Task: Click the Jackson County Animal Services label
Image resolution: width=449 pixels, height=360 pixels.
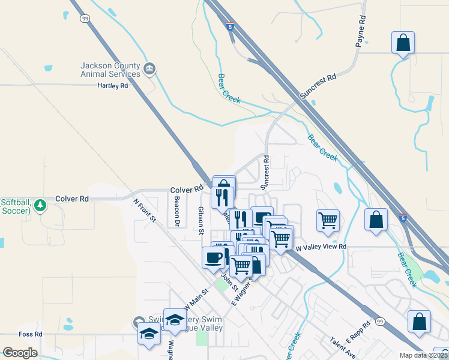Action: click(111, 70)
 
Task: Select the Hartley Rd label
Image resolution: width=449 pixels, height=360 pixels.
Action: click(113, 86)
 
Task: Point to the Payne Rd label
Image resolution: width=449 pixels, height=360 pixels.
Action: click(360, 32)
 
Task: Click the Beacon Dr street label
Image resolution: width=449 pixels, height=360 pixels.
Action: click(177, 212)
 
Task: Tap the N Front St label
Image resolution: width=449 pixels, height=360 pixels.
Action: click(145, 211)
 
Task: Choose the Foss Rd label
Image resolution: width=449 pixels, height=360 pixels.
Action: click(30, 334)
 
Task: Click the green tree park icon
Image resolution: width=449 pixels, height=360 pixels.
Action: click(40, 205)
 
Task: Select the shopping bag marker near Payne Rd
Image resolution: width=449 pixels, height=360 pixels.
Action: click(403, 43)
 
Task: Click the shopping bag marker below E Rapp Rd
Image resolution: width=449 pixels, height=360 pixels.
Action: click(419, 322)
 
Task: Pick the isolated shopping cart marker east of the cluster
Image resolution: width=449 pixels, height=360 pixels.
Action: click(328, 220)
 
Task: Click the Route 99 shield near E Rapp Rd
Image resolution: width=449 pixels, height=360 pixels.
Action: click(380, 322)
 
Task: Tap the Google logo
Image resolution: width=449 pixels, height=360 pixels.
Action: click(20, 353)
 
